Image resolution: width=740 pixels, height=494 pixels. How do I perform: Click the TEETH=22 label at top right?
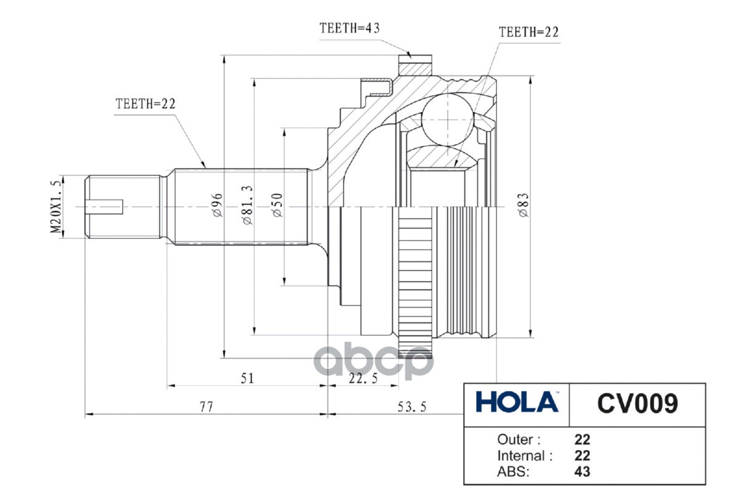(x=528, y=32)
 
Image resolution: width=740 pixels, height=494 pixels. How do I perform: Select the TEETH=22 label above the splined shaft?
(x=146, y=104)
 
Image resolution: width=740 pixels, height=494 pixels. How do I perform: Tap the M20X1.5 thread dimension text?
(x=56, y=207)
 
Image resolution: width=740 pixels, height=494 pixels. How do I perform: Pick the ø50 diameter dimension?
(x=277, y=204)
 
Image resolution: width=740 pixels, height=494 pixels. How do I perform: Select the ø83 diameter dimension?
(x=523, y=204)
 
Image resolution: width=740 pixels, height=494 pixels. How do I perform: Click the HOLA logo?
(x=516, y=403)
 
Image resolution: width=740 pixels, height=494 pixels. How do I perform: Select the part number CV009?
(x=637, y=403)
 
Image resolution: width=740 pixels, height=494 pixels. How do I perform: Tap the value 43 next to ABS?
(x=582, y=472)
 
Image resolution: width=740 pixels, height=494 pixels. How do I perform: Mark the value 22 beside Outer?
(x=582, y=440)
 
